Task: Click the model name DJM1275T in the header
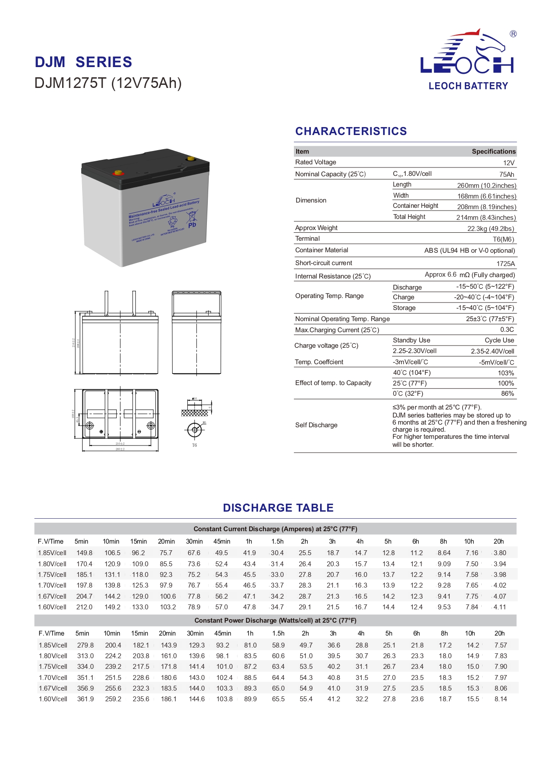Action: [71, 83]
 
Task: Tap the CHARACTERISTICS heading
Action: [351, 131]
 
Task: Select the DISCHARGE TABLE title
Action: [278, 508]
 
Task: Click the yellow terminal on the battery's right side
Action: [191, 159]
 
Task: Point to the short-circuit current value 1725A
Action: [505, 263]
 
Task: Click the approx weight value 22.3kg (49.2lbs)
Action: [490, 229]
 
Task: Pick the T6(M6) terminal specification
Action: [503, 239]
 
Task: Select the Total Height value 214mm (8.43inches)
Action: [486, 218]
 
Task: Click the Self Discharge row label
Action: [316, 425]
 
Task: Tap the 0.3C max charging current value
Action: [507, 330]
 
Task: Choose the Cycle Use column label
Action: [499, 340]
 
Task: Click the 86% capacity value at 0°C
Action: [507, 393]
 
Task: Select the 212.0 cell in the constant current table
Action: [84, 607]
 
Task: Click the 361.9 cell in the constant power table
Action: [85, 699]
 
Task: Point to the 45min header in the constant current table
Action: [222, 541]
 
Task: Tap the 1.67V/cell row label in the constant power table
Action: [53, 688]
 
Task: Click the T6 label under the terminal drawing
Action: [194, 445]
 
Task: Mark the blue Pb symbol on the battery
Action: [192, 225]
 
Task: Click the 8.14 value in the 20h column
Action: [500, 699]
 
